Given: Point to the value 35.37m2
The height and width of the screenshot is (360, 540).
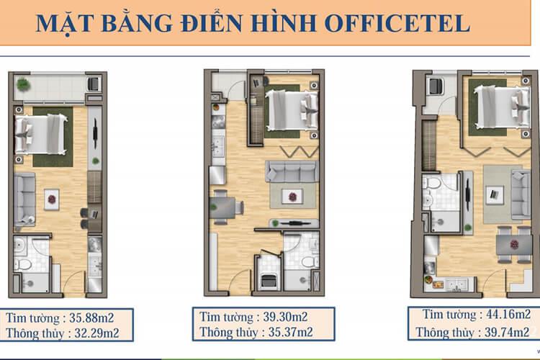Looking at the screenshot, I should point(295,333).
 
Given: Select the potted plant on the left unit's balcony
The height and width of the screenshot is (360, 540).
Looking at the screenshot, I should point(24,84).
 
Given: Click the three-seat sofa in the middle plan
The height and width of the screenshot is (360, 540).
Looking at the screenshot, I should point(291,171).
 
